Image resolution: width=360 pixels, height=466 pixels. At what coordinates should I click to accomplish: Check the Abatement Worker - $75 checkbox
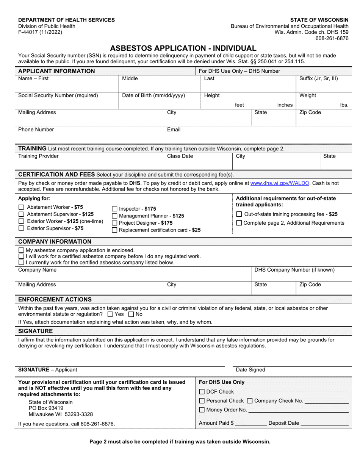coord(21,207)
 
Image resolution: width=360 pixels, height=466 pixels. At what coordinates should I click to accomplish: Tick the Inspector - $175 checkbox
coord(115,209)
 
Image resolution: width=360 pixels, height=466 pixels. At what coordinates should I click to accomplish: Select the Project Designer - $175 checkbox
coord(115,223)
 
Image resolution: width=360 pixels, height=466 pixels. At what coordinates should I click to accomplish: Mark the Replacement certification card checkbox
coord(115,230)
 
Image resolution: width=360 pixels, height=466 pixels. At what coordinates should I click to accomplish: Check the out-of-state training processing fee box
coord(239,214)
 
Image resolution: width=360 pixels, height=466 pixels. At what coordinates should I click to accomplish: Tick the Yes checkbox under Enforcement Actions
coord(110,314)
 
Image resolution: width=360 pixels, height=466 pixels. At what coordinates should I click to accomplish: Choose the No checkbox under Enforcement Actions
coord(131,314)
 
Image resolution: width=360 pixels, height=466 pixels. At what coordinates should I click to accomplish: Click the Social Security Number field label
coord(58,95)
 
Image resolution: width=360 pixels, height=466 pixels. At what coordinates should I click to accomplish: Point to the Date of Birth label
coord(153,95)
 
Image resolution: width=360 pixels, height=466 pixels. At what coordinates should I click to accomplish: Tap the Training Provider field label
coord(39,156)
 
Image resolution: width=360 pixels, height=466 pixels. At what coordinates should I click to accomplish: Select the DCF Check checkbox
coord(202,392)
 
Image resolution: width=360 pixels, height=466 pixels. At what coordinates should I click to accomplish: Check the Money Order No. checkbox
coord(202,410)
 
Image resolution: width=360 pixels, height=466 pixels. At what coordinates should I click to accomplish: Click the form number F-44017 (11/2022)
coord(41,32)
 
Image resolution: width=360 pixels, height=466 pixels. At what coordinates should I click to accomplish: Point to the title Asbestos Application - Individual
coord(183,48)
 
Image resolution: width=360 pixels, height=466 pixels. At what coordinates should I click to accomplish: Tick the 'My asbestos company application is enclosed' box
coord(21,250)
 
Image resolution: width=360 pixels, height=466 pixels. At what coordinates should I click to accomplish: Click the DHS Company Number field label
coord(294,270)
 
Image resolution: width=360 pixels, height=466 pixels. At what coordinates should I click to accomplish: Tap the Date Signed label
coord(250,370)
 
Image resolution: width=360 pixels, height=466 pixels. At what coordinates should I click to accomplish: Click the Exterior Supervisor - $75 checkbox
coord(21,228)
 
